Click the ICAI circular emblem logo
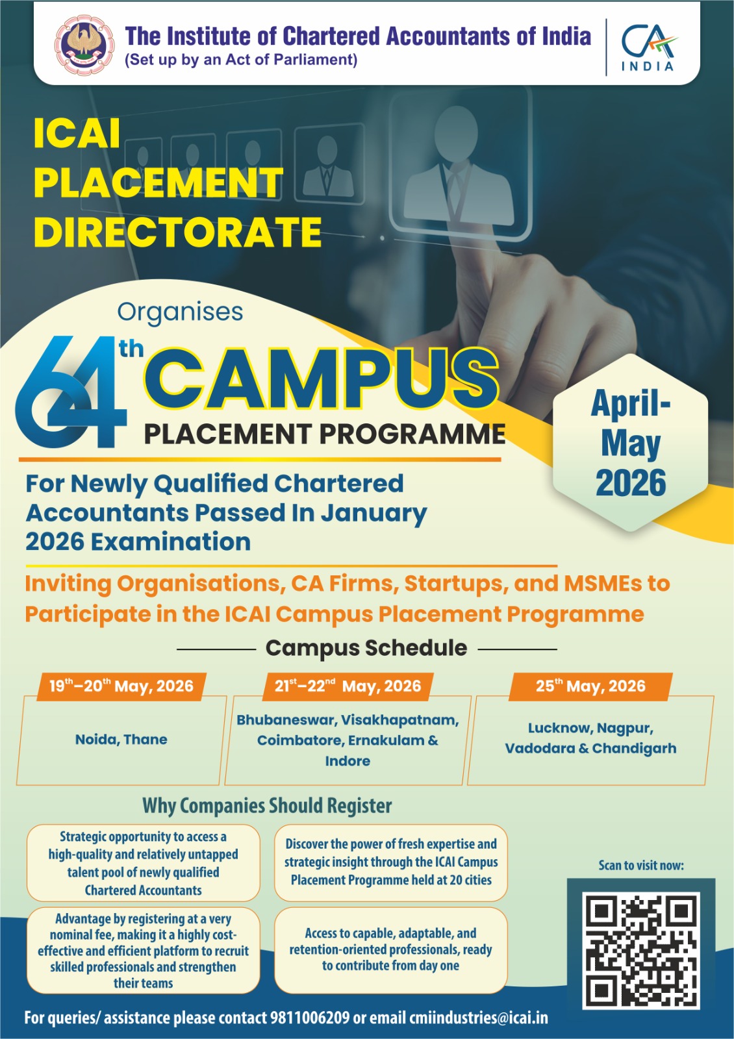coord(84,45)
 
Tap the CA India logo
coord(648,47)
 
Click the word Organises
coord(180,312)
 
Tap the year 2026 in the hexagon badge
coord(631,483)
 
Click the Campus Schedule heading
coord(366,648)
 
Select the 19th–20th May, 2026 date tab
coord(121,686)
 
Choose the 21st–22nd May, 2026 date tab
coord(348,686)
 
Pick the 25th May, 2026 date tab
coord(590,686)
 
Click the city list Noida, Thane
coord(121,740)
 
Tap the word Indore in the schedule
coord(348,761)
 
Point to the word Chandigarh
coord(634,748)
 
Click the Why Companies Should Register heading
coord(267,806)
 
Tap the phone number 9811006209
coord(309,1018)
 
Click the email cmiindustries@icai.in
coord(478,1018)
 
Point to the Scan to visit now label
coord(640,866)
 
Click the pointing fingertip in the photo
coord(470,264)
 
